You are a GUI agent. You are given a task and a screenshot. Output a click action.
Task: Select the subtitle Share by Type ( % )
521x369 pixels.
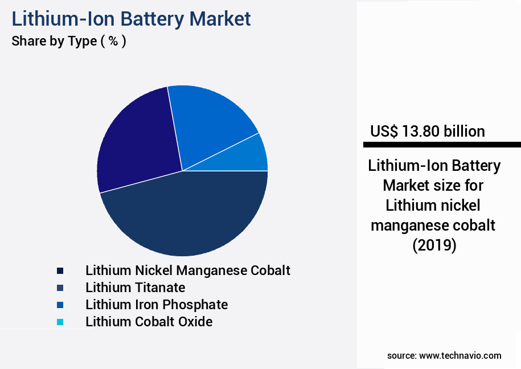tap(68, 41)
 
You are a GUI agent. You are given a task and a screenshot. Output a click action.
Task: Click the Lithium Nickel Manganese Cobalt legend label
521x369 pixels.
tap(188, 270)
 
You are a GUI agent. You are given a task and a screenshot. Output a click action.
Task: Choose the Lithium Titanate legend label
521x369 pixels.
tap(136, 288)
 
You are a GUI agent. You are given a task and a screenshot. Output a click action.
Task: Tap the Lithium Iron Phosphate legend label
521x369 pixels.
tap(157, 305)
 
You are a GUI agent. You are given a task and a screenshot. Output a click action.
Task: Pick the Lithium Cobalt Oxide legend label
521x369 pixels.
tap(149, 322)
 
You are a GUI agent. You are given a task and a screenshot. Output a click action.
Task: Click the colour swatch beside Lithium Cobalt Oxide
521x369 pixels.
tap(60, 322)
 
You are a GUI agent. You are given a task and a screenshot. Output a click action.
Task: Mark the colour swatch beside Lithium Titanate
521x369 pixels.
tap(60, 288)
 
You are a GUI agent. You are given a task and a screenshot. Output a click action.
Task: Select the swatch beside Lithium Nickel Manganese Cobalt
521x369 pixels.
tap(60, 271)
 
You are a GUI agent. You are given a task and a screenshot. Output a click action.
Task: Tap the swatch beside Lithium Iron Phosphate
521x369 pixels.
tap(60, 305)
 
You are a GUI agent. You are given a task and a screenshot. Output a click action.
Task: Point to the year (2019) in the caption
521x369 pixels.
tap(434, 245)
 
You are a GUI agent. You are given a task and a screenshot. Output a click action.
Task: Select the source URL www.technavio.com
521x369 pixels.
tap(460, 355)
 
